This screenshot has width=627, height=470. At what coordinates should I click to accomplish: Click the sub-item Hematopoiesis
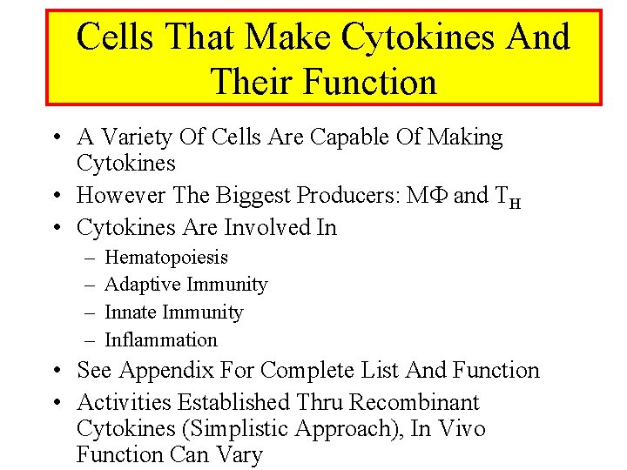(166, 258)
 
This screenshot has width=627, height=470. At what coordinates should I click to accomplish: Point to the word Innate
(133, 312)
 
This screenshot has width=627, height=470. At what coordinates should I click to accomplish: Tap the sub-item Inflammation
(161, 339)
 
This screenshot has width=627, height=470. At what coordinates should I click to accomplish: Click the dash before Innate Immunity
(90, 312)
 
